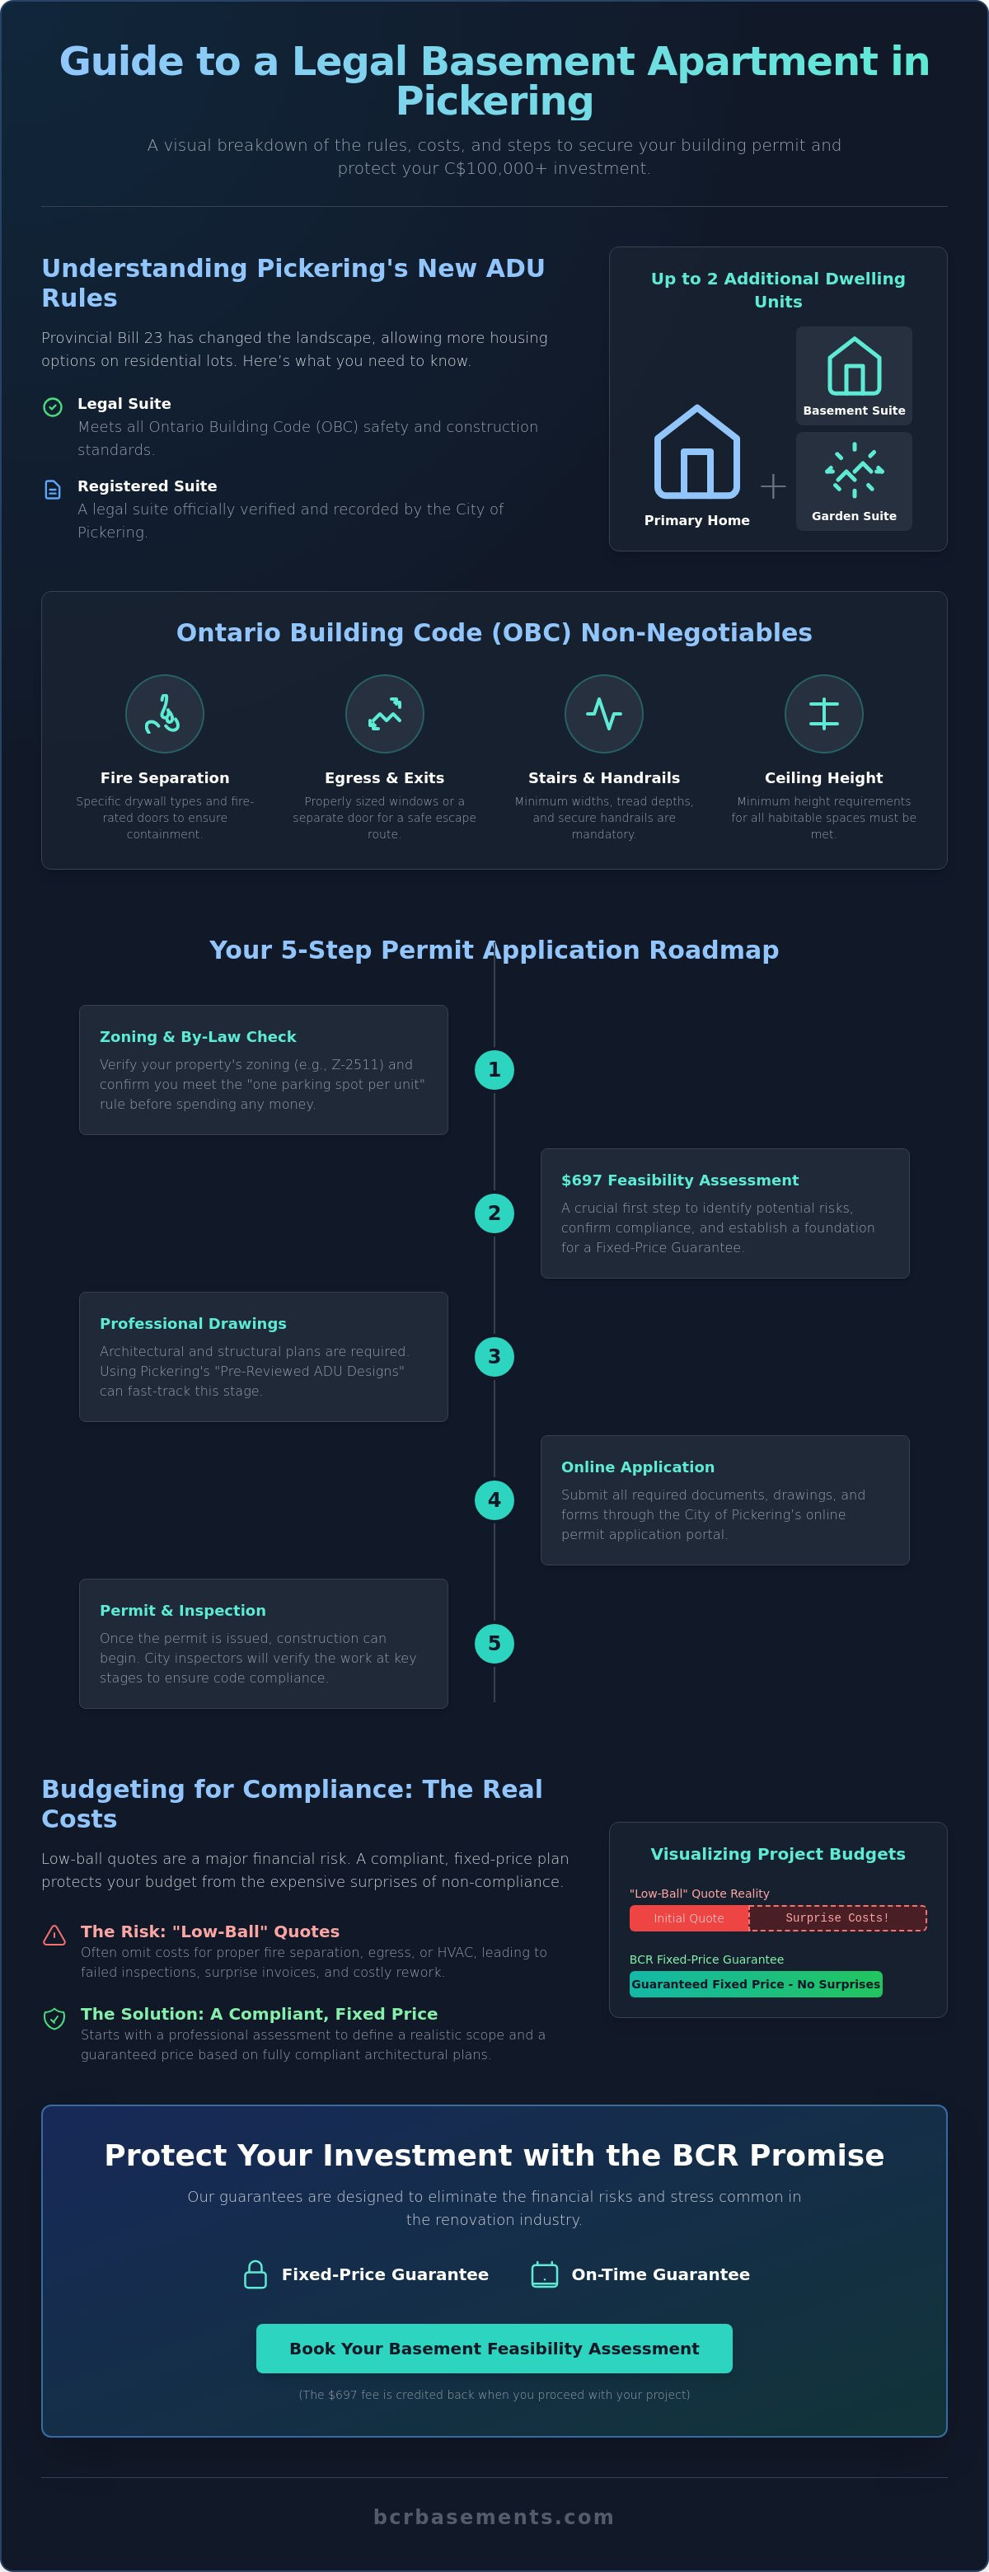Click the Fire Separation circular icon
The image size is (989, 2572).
[165, 714]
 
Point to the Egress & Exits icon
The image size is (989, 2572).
[384, 714]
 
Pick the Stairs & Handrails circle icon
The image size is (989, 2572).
[604, 714]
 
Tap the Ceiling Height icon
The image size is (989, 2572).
[823, 714]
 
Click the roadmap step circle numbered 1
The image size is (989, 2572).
[494, 1069]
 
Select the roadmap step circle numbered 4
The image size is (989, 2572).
[494, 1500]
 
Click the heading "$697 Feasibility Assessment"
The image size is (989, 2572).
[680, 1180]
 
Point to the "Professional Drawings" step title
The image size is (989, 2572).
[193, 1323]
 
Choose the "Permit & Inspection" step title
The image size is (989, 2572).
[183, 1611]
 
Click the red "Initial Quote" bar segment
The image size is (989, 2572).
[689, 1918]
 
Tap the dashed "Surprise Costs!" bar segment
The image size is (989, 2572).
[837, 1918]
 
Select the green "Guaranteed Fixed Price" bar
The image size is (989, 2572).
[756, 1984]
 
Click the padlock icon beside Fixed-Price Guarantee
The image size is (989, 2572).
[255, 2274]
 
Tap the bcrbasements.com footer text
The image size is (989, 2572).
[494, 2517]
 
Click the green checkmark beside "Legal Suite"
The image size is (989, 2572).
[53, 406]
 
